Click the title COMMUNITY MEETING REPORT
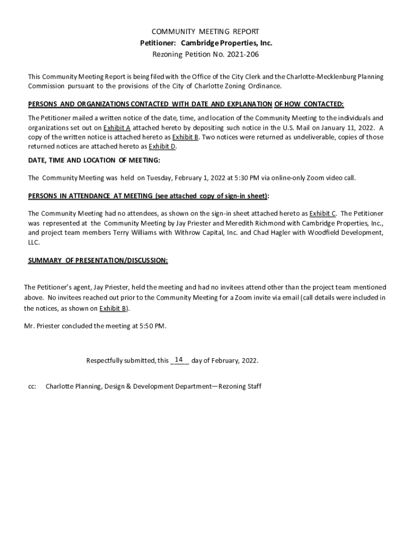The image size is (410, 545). tap(205, 32)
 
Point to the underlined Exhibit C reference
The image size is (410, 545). tap(322, 213)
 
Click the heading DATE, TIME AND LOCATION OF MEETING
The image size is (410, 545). tap(94, 160)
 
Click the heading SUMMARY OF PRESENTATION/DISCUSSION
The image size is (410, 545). tap(98, 260)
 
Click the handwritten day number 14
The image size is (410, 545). tap(179, 360)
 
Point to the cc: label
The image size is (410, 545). tap(32, 386)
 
